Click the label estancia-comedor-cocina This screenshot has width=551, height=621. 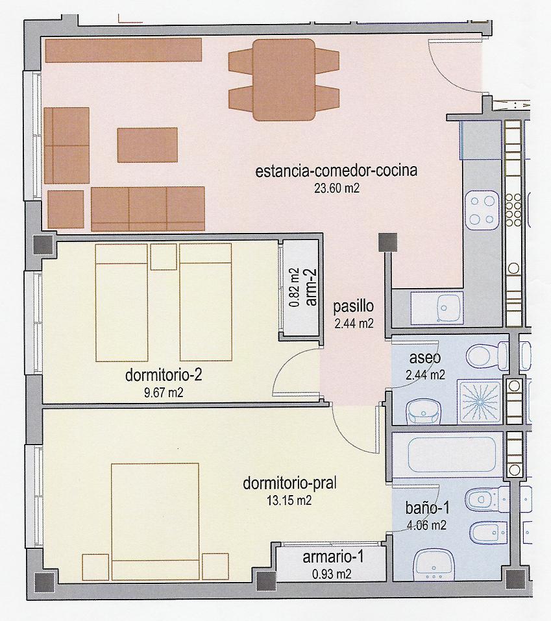[336, 172]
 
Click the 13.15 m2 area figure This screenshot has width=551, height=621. [289, 500]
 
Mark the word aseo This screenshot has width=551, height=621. [425, 358]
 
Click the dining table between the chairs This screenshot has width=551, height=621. [284, 80]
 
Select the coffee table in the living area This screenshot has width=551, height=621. [147, 145]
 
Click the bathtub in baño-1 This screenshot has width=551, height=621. [445, 455]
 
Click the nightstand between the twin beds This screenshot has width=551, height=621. [164, 257]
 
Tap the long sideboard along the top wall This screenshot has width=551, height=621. [123, 50]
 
